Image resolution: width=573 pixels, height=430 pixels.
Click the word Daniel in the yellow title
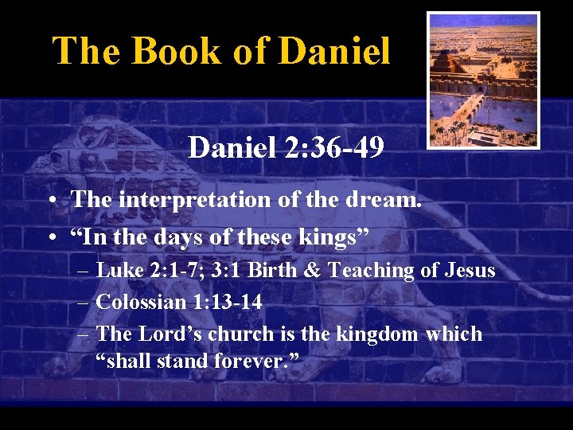[336, 51]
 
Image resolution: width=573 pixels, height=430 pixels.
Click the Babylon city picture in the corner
[483, 80]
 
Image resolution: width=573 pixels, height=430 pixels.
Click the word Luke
[119, 271]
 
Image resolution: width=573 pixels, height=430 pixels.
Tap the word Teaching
[371, 271]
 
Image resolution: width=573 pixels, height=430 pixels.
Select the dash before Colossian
[84, 303]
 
